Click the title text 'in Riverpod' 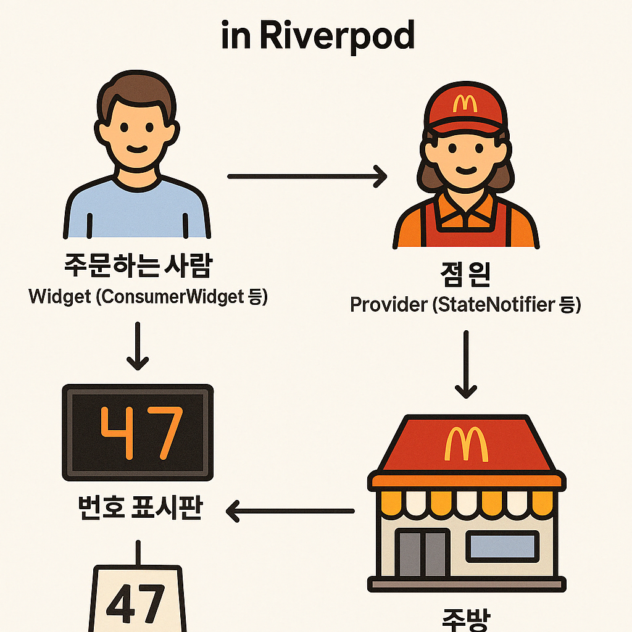pyautogui.click(x=318, y=37)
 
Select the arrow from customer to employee pyautogui.click(x=307, y=177)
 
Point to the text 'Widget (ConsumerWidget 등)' pyautogui.click(x=148, y=297)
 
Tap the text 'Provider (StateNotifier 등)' pyautogui.click(x=465, y=304)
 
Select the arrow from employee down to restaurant pyautogui.click(x=466, y=364)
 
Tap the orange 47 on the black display pyautogui.click(x=141, y=432)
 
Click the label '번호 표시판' pyautogui.click(x=138, y=510)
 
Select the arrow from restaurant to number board pyautogui.click(x=290, y=511)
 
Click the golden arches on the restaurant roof pyautogui.click(x=466, y=442)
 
